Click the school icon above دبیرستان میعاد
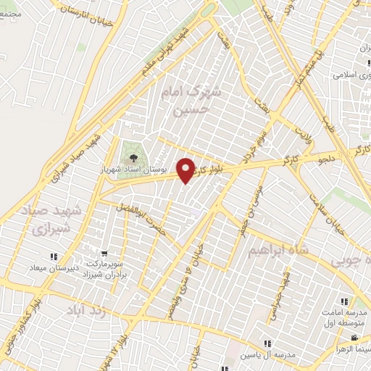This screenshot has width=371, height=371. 53,257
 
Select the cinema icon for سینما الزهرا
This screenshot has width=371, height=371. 354,338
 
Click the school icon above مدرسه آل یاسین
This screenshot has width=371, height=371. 267,343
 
